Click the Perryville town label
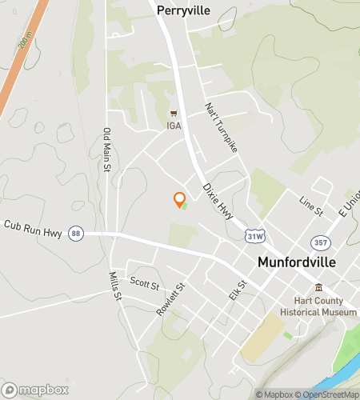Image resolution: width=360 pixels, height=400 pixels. click(183, 10)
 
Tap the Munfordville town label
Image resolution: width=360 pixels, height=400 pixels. click(295, 262)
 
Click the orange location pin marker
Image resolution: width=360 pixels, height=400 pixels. click(180, 199)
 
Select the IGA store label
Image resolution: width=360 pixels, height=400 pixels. click(174, 126)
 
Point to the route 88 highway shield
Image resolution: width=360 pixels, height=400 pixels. click(75, 232)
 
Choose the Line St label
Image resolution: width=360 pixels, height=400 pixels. click(310, 206)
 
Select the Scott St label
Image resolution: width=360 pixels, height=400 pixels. click(145, 284)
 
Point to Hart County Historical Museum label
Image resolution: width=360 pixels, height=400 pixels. click(318, 306)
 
